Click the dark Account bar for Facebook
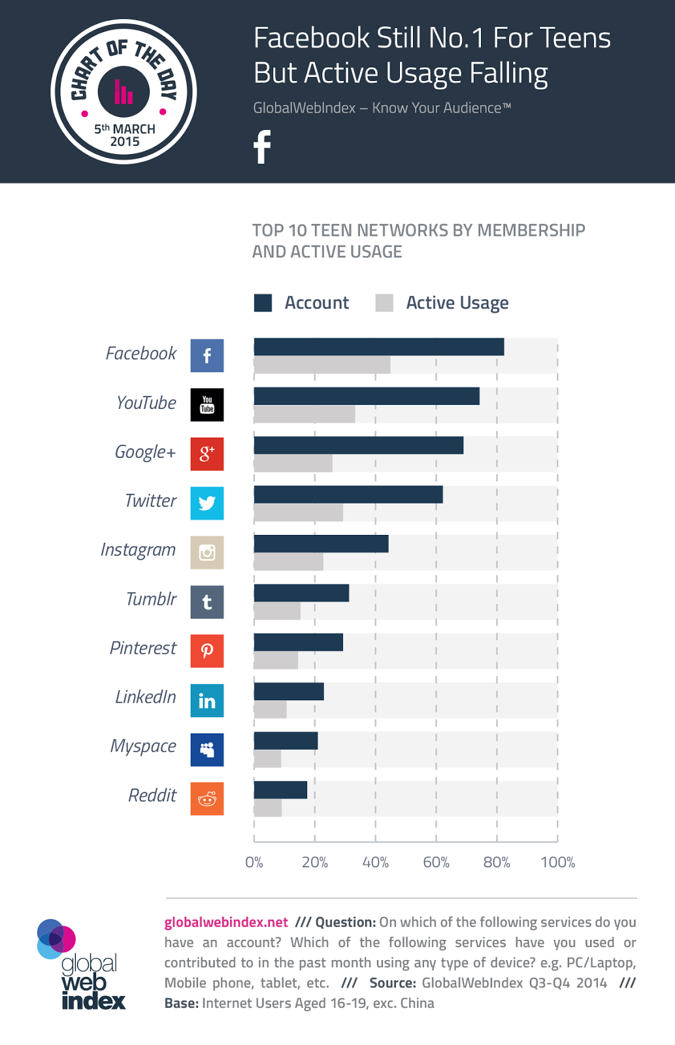point(378,347)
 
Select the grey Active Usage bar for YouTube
point(305,414)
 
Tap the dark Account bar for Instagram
point(321,543)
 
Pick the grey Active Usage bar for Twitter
point(298,513)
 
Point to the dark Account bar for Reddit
point(280,790)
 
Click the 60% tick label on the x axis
point(436,862)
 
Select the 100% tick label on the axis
point(557,862)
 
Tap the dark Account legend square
point(263,303)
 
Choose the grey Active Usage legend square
point(384,303)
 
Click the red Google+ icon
point(207,454)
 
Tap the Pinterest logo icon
point(207,651)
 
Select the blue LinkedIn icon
point(207,700)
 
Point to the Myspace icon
point(207,750)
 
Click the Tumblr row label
point(151,599)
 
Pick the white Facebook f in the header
point(262,147)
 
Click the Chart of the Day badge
point(123,91)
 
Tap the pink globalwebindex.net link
point(226,922)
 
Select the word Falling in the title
point(508,73)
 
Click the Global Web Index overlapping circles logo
point(56,939)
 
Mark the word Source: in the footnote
point(393,983)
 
